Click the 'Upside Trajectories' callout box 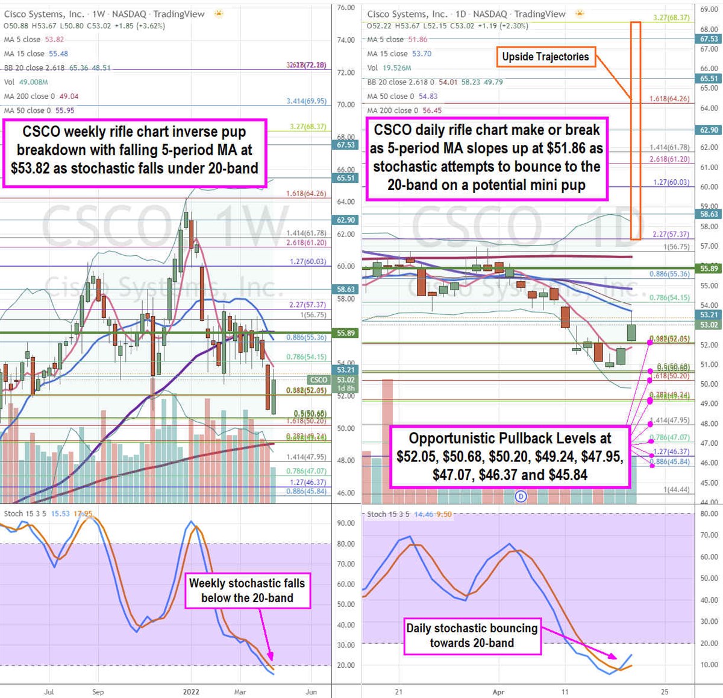click(545, 57)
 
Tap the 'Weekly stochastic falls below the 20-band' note click(247, 591)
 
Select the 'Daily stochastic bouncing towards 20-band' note click(472, 635)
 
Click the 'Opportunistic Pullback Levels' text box click(510, 456)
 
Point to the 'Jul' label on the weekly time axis click(49, 692)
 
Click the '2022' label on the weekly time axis click(191, 692)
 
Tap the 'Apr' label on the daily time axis click(498, 692)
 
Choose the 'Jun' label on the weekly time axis click(311, 692)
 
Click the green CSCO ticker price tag click(319, 380)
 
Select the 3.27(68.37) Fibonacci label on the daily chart click(671, 18)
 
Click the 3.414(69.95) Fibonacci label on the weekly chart click(306, 101)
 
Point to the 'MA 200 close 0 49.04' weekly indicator click(41, 97)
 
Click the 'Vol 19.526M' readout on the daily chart click(389, 68)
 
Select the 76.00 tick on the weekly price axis click(345, 8)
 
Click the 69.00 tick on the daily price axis click(709, 10)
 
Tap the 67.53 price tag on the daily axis click(709, 39)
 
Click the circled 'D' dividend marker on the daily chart click(521, 497)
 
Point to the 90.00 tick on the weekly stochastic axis click(345, 523)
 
